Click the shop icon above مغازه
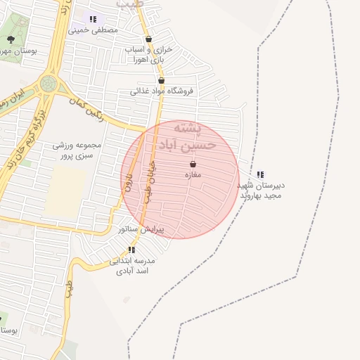pyautogui.click(x=193, y=164)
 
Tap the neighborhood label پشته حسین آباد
pyautogui.click(x=183, y=138)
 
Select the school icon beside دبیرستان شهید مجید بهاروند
pyautogui.click(x=261, y=174)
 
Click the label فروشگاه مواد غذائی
pyautogui.click(x=166, y=91)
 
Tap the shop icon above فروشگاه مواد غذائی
pyautogui.click(x=161, y=80)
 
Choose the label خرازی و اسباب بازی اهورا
pyautogui.click(x=148, y=55)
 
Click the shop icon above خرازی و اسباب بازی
pyautogui.click(x=148, y=39)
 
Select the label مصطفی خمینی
pyautogui.click(x=94, y=30)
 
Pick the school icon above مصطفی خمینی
pyautogui.click(x=93, y=19)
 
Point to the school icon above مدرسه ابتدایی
pyautogui.click(x=131, y=250)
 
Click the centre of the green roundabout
pyautogui.click(x=48, y=83)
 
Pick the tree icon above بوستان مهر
pyautogui.click(x=10, y=39)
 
